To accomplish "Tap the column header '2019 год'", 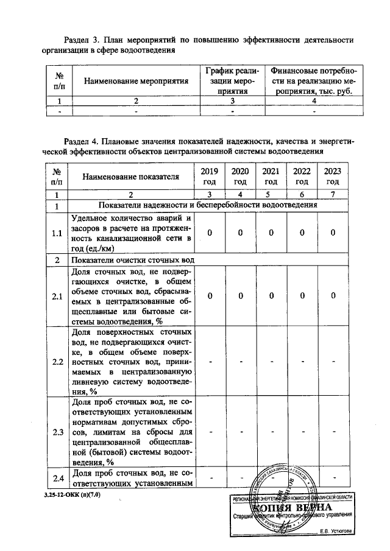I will pos(210,177).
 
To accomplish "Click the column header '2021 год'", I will pos(272,177).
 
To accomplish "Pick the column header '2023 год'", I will pos(333,177).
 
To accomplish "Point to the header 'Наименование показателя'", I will pos(131,177).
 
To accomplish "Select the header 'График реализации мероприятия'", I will pos(233,80).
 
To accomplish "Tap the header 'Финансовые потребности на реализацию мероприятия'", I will pos(314,80).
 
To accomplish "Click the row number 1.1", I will pos(58,233).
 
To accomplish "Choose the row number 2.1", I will pos(58,296).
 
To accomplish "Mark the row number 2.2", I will pos(58,362).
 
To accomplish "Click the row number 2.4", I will pos(58,477).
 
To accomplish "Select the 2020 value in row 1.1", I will pos(241,233).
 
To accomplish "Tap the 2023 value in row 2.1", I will pos(333,296).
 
